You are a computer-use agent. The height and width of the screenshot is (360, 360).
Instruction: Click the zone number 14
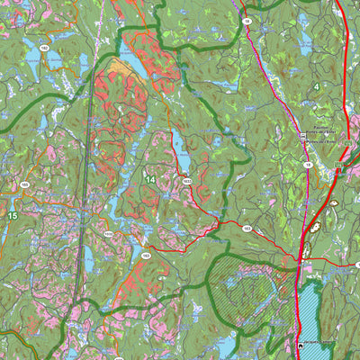point(149,181)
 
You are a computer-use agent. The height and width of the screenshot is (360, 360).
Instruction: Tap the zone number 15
point(13,216)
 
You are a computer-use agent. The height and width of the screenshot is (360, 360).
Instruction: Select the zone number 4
point(318,85)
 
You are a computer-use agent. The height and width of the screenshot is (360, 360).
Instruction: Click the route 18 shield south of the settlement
point(308,166)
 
